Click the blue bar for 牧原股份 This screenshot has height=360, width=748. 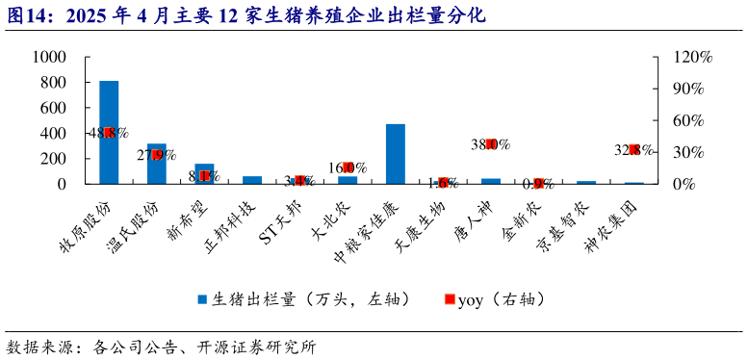click(x=109, y=132)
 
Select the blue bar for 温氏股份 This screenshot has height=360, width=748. click(x=156, y=164)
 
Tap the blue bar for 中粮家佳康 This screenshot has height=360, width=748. click(x=395, y=154)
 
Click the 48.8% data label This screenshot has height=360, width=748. click(x=109, y=133)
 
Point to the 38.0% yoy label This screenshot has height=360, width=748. click(x=490, y=144)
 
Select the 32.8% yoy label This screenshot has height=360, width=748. click(x=633, y=150)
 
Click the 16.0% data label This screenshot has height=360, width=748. click(x=348, y=167)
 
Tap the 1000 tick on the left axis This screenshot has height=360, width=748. click(x=47, y=58)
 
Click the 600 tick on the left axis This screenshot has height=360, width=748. click(x=52, y=108)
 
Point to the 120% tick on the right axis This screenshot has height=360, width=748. click(x=692, y=58)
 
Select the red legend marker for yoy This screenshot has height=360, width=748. click(x=449, y=299)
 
